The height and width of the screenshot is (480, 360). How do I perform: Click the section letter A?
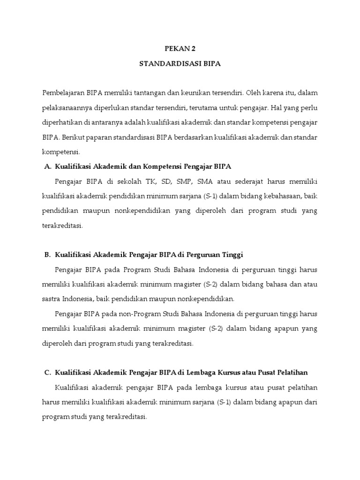[47, 166]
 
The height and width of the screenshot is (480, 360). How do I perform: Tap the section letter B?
[47, 255]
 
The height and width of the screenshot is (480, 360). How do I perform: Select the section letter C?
[47, 372]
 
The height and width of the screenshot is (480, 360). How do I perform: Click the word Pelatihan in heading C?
[291, 372]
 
